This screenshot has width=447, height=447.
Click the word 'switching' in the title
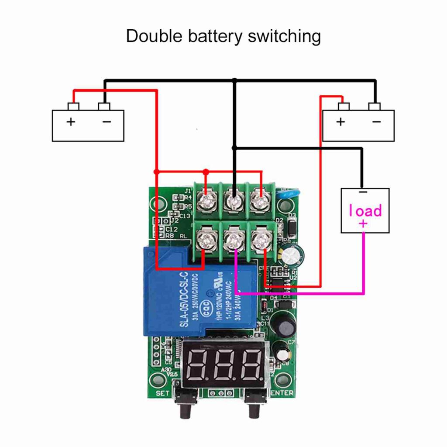pos(284,37)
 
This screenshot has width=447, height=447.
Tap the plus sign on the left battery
pos(71,122)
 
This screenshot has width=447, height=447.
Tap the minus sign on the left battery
pos(107,122)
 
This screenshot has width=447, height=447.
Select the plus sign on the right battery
pos(340,122)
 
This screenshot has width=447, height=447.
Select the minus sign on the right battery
pos(377,122)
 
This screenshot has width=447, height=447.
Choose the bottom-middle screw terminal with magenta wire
pos(234,239)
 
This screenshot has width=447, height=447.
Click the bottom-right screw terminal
pos(261,239)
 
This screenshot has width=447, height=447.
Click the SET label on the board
pos(162,393)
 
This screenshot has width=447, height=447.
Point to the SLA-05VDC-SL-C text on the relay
pos(183,300)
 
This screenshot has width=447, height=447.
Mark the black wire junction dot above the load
pos(234,148)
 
